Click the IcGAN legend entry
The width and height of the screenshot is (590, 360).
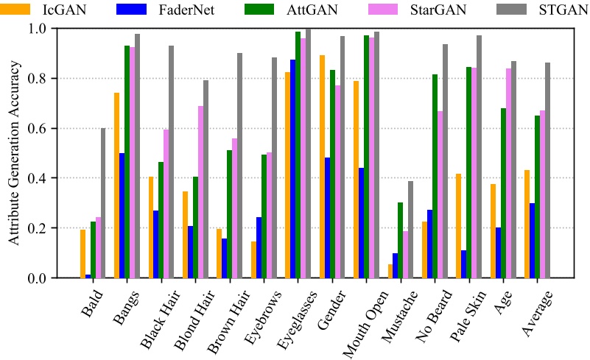click(52, 10)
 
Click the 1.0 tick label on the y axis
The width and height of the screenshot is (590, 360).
click(37, 28)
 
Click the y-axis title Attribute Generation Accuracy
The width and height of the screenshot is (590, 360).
click(13, 153)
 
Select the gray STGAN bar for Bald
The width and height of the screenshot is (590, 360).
click(104, 203)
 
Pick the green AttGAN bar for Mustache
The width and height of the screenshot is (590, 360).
click(400, 240)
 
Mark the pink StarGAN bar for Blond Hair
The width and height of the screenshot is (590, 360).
click(200, 192)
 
